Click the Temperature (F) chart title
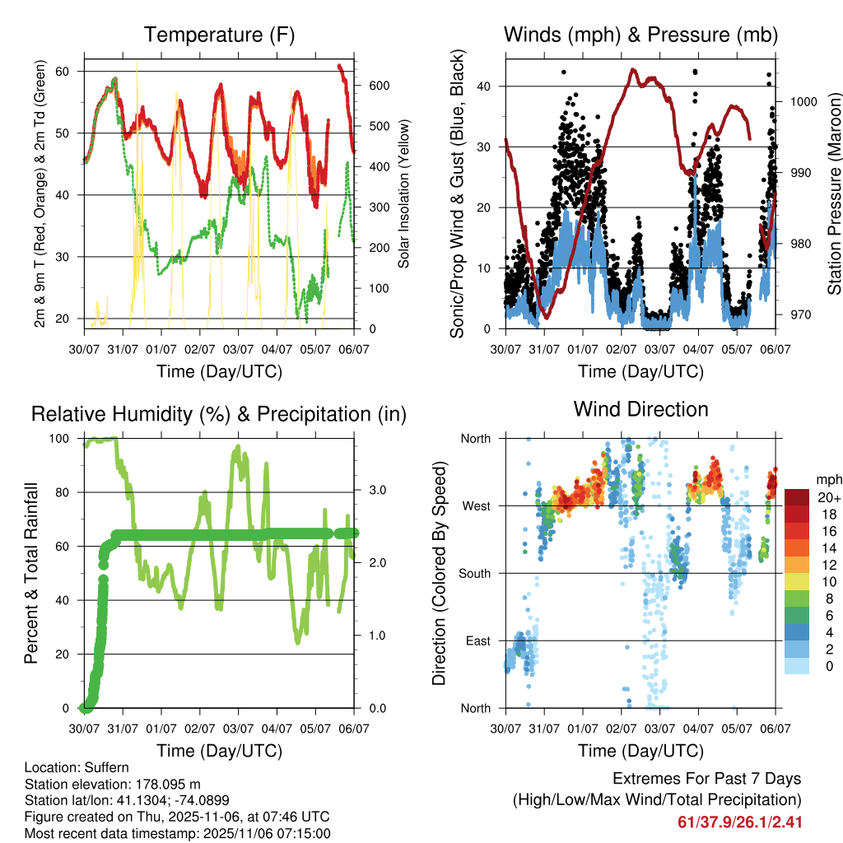tap(219, 35)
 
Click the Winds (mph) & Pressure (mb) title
tap(640, 35)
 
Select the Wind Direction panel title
tap(640, 409)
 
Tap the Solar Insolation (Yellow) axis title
tap(403, 194)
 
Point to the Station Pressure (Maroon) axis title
tap(833, 194)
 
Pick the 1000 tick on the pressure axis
tap(802, 102)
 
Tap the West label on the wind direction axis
tap(475, 506)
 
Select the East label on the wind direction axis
tap(477, 641)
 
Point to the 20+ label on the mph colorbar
tap(828, 498)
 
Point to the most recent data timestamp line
tap(177, 833)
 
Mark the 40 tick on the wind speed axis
tap(483, 86)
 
